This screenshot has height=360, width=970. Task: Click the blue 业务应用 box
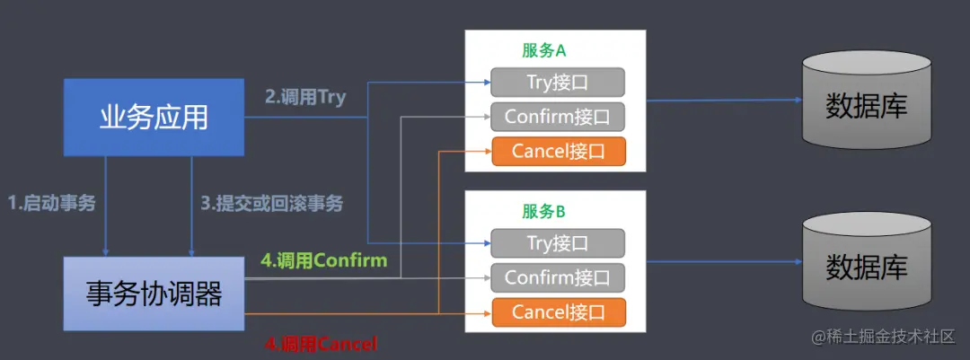pyautogui.click(x=154, y=118)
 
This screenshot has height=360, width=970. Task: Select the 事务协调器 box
pyautogui.click(x=154, y=293)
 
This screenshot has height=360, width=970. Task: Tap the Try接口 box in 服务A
pyautogui.click(x=557, y=83)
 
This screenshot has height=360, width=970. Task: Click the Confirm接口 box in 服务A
pyautogui.click(x=557, y=117)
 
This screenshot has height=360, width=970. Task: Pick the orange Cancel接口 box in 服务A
pyautogui.click(x=557, y=151)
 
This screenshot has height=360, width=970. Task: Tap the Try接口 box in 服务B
pyautogui.click(x=557, y=242)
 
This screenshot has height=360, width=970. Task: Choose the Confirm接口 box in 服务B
pyautogui.click(x=557, y=277)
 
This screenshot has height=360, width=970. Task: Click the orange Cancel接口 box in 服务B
pyautogui.click(x=557, y=312)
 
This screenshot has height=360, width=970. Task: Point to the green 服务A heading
pyautogui.click(x=543, y=51)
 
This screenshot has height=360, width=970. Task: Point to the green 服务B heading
pyautogui.click(x=543, y=212)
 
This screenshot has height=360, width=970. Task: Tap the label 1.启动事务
pyautogui.click(x=51, y=203)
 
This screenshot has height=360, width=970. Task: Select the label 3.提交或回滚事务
pyautogui.click(x=271, y=203)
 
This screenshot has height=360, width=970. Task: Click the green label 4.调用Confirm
pyautogui.click(x=323, y=261)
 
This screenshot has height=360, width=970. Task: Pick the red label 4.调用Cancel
pyautogui.click(x=321, y=343)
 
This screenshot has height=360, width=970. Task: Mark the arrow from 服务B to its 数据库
pyautogui.click(x=723, y=262)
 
